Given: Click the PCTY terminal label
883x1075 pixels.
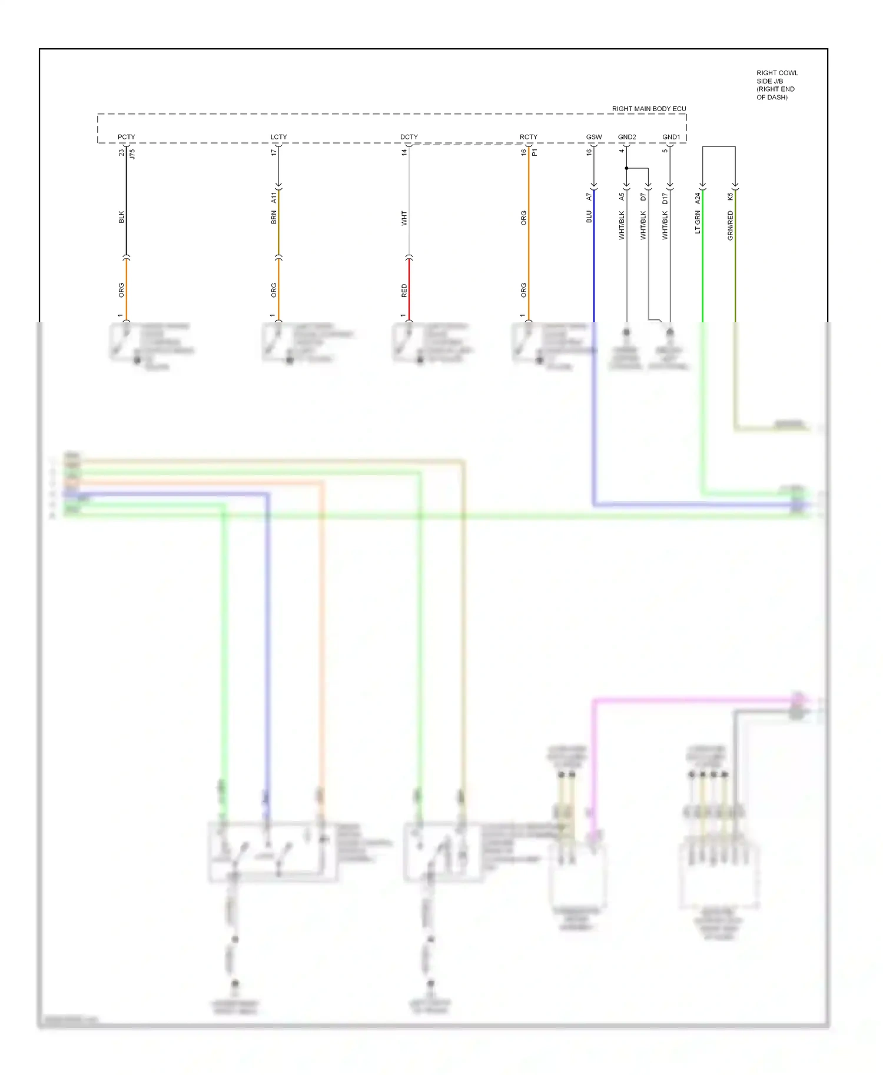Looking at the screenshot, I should [126, 137].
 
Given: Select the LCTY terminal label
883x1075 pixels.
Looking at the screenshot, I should [278, 137].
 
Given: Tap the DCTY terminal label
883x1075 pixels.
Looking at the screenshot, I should [409, 137].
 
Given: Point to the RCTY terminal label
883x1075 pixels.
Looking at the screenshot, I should [528, 137].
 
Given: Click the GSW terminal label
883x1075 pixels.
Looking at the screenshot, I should [593, 137].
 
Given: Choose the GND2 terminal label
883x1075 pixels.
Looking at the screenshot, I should [626, 137].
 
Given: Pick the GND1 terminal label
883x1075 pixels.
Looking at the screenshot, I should [670, 137].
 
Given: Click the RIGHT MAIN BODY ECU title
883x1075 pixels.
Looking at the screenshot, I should [649, 109].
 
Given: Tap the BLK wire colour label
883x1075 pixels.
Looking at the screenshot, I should [121, 217].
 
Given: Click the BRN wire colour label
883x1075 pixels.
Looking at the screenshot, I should [274, 218].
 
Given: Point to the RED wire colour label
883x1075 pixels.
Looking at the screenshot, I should [404, 291].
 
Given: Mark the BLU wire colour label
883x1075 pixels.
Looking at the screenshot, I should [589, 216].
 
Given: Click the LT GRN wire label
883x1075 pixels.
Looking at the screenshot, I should [698, 222].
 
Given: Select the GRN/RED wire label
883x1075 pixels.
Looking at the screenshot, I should [730, 225].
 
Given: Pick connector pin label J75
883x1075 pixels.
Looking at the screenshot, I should [132, 154].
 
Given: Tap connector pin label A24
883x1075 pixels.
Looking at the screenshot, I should [698, 198].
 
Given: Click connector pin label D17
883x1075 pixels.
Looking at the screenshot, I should [665, 198].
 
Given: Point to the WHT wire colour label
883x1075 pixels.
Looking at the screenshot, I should [404, 218].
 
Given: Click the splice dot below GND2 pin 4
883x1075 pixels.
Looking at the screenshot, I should [626, 168].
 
